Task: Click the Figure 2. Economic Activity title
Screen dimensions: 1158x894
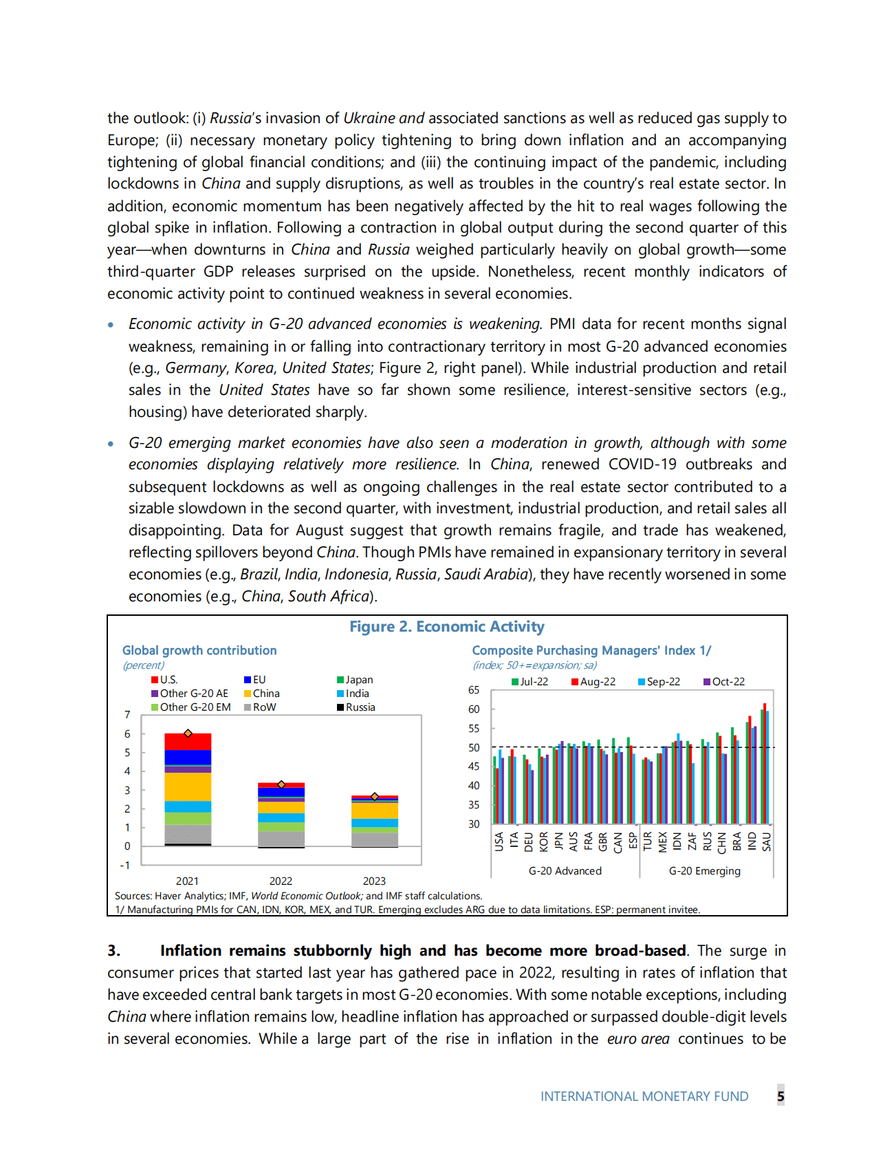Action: click(x=446, y=627)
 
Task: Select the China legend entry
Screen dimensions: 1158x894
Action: click(x=265, y=694)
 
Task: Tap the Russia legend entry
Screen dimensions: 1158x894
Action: click(x=360, y=707)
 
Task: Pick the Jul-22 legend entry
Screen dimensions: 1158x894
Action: click(x=534, y=682)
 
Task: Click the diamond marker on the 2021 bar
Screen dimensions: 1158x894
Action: click(x=188, y=733)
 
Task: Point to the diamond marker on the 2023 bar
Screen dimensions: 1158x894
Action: click(x=375, y=796)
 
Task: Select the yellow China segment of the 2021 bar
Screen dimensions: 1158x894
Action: click(x=188, y=786)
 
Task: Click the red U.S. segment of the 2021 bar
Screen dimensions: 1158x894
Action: click(x=188, y=742)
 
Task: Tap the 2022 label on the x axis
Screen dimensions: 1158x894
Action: click(x=281, y=881)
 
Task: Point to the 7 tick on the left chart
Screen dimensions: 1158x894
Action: click(x=127, y=715)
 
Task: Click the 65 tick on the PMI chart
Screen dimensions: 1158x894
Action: click(x=474, y=690)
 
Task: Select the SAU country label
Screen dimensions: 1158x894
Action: click(x=767, y=841)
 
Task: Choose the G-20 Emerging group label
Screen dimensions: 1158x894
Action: click(x=704, y=871)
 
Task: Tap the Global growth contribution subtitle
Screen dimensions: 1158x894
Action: click(x=199, y=650)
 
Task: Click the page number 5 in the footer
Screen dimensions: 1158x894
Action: click(x=781, y=1096)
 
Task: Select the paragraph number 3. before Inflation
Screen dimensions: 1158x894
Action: click(x=114, y=951)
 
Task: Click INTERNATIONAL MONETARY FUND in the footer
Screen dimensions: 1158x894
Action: click(x=644, y=1096)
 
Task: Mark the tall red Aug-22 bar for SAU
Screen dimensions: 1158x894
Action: click(x=765, y=764)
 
